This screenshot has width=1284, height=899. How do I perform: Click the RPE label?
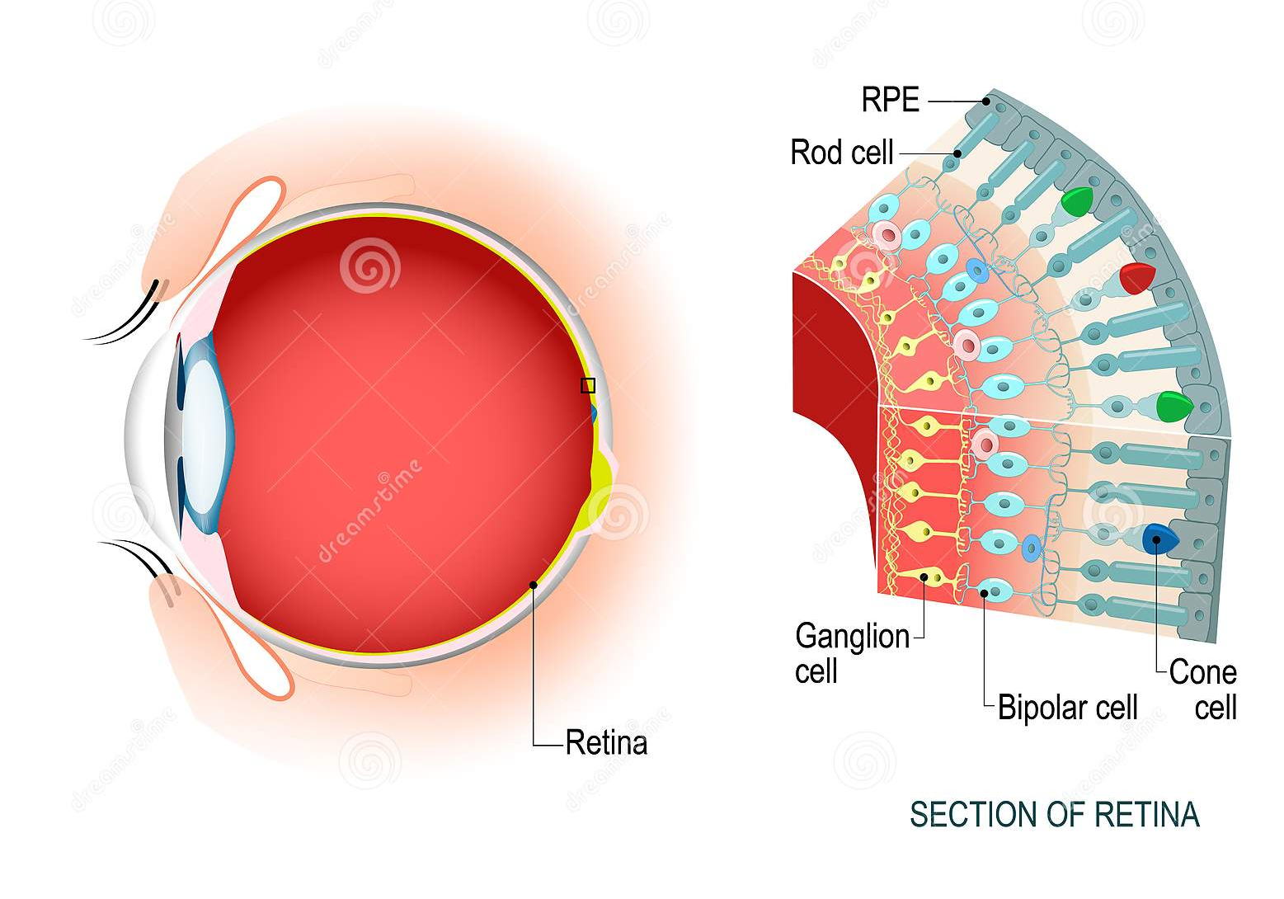click(890, 100)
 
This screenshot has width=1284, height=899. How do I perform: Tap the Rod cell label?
click(841, 153)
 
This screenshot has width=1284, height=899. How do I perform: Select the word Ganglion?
click(852, 637)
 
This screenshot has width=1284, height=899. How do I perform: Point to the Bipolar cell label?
click(1067, 708)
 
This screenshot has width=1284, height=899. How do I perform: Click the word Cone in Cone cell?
click(1202, 672)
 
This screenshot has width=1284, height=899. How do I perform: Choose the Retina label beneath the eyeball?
click(606, 743)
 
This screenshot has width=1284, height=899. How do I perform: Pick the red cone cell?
click(1136, 279)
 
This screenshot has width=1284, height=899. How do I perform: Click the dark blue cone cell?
click(1159, 539)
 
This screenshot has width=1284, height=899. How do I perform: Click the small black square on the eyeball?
click(588, 385)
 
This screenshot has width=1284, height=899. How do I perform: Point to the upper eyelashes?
click(124, 318)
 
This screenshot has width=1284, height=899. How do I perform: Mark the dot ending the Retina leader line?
click(534, 585)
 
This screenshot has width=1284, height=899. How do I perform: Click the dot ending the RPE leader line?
click(986, 101)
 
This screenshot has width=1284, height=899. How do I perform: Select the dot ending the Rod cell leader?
click(957, 153)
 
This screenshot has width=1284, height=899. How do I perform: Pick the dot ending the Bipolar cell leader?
click(985, 592)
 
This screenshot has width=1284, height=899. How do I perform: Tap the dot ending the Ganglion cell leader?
click(924, 577)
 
